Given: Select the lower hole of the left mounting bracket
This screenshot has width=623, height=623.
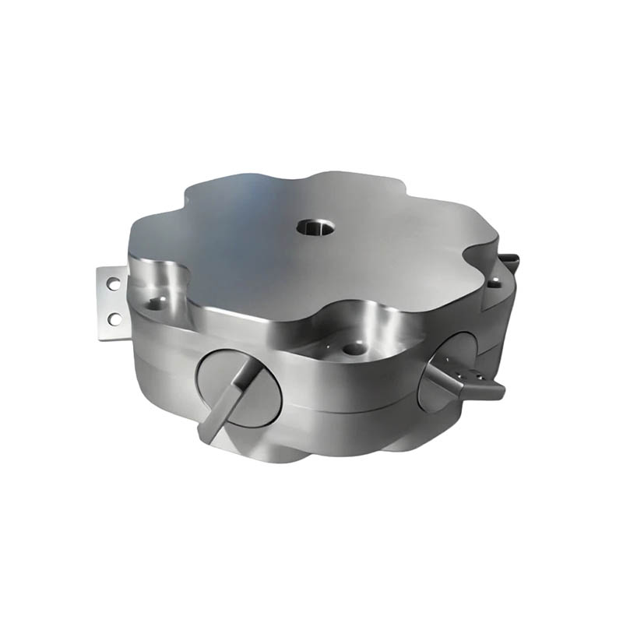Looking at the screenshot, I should [114, 318].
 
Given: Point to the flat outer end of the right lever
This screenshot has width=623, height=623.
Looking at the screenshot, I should [495, 389].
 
